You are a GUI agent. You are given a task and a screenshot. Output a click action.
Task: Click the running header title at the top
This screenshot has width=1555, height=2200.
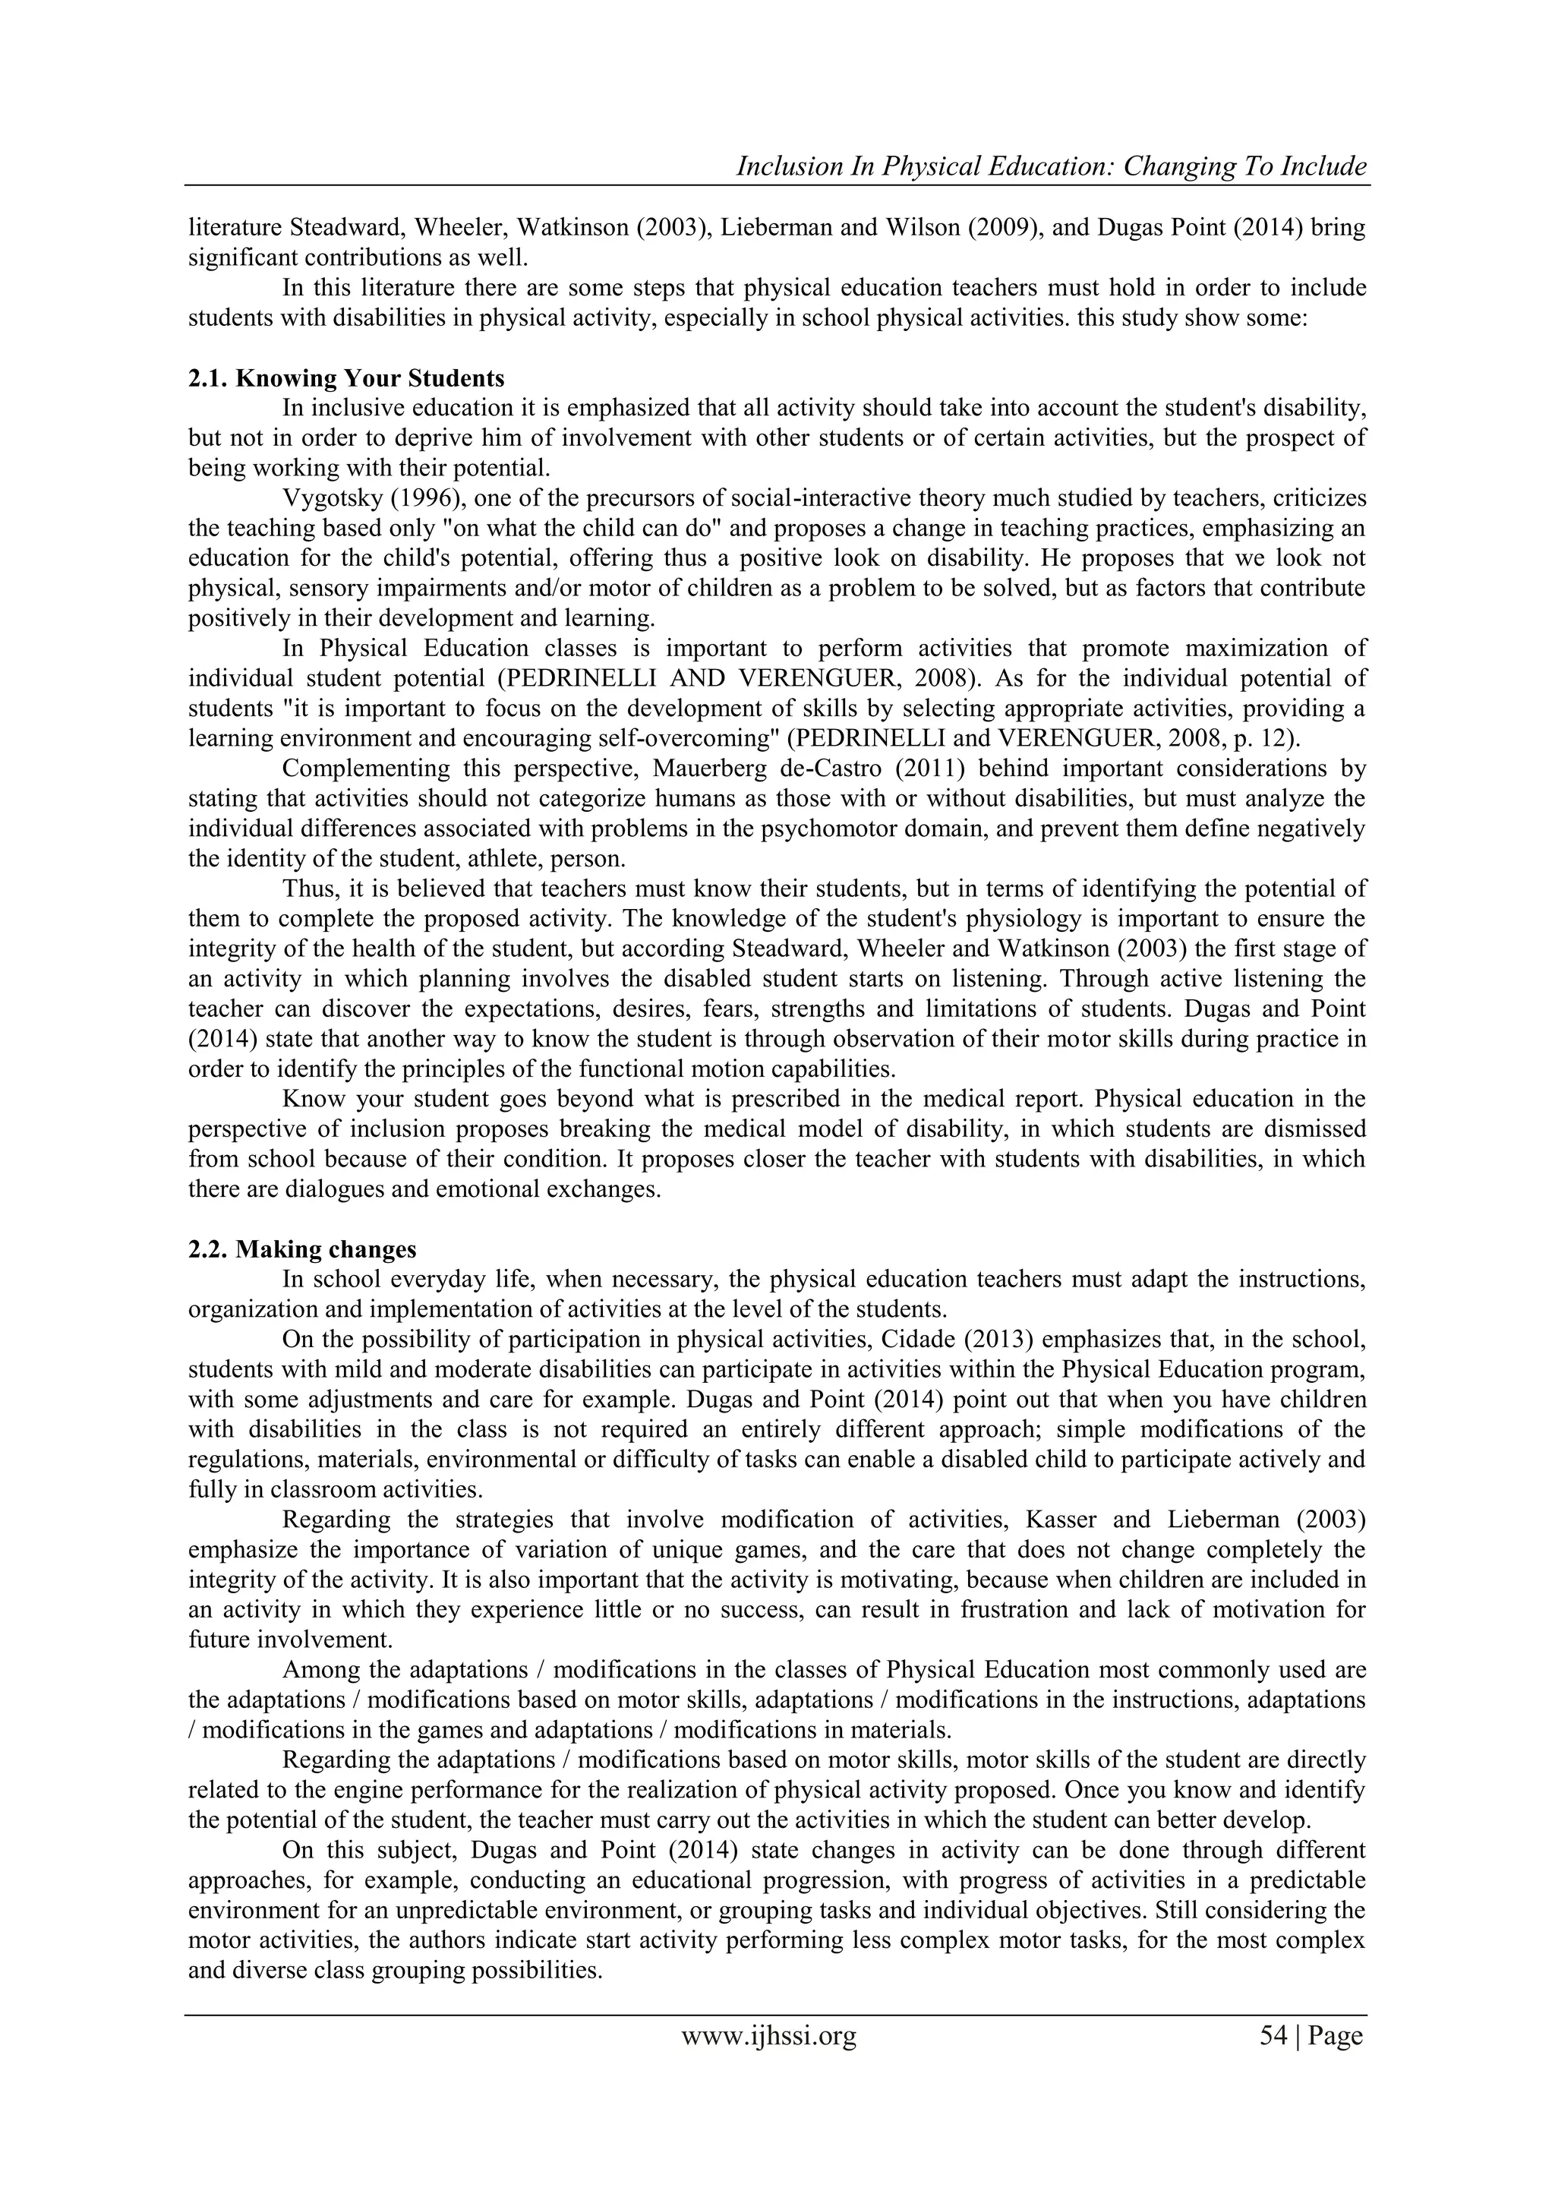coord(1050,167)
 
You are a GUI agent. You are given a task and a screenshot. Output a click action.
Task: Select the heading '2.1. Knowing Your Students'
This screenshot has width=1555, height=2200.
coord(346,377)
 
